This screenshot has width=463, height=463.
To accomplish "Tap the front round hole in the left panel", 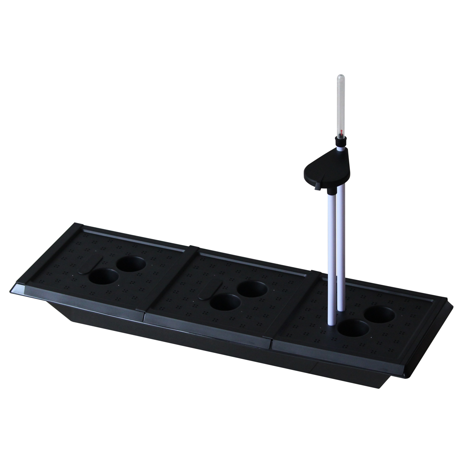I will pyautogui.click(x=103, y=277).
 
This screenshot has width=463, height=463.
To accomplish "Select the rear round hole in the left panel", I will pyautogui.click(x=132, y=264).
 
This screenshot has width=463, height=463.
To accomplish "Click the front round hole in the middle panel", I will pyautogui.click(x=225, y=302).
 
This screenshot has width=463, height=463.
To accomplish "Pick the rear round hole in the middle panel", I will pyautogui.click(x=252, y=288).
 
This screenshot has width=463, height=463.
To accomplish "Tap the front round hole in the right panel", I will pyautogui.click(x=353, y=328).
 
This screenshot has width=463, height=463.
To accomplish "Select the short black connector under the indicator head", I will pyautogui.click(x=331, y=191).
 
